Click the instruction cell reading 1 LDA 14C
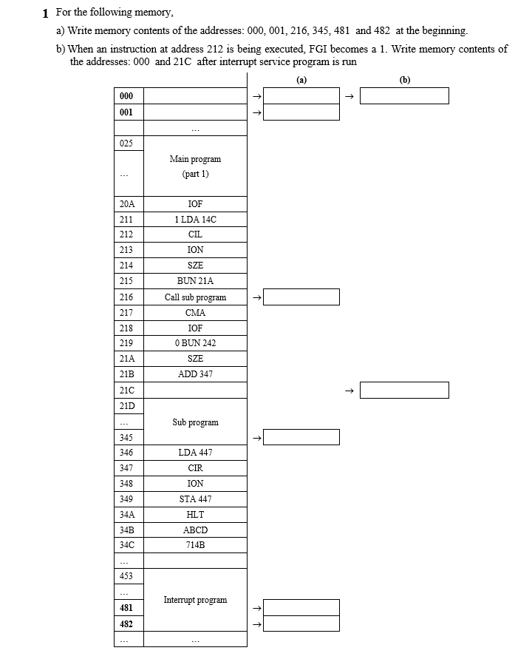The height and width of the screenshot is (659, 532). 195,219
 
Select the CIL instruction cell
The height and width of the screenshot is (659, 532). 195,234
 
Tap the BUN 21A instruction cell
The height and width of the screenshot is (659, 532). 195,281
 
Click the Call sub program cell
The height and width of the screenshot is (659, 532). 195,297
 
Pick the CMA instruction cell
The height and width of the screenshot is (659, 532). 195,312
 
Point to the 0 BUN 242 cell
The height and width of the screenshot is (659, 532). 195,343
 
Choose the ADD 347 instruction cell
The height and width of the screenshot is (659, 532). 195,374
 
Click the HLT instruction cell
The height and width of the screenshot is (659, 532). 195,514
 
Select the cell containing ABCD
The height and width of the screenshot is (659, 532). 195,530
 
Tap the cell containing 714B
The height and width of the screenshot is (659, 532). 195,545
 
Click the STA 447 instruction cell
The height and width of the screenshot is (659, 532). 195,499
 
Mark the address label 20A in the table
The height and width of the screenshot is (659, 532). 126,203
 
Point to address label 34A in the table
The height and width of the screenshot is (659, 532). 126,514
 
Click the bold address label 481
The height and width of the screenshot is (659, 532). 126,607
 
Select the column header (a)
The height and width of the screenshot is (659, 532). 301,78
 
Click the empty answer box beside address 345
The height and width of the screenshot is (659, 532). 301,437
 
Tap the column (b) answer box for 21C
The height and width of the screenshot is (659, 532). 404,390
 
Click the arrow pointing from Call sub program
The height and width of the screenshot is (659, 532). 256,297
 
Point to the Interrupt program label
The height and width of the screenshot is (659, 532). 195,600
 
